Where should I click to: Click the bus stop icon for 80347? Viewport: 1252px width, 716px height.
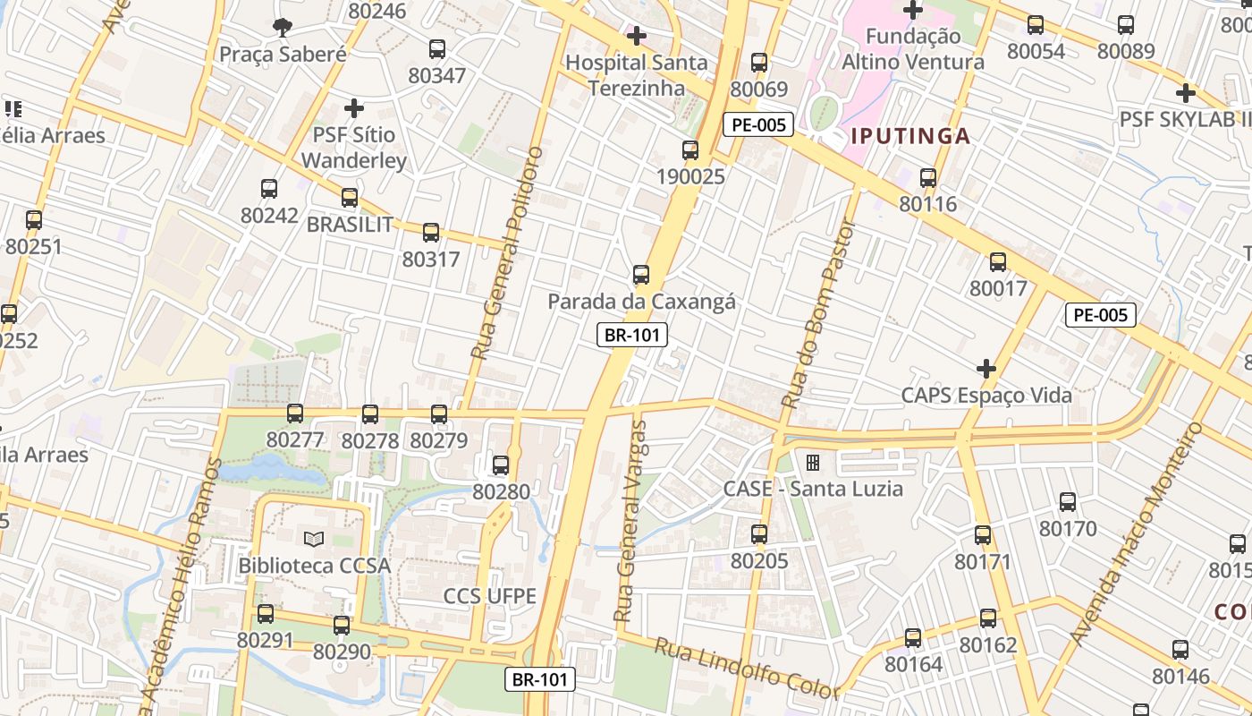[437, 49]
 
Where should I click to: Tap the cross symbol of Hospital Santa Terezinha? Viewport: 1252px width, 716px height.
[636, 36]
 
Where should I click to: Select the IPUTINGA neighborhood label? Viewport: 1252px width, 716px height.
[910, 136]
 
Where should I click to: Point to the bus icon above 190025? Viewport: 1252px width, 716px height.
[690, 150]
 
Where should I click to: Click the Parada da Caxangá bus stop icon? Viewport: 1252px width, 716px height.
[640, 275]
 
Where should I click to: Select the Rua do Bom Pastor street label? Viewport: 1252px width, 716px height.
[817, 313]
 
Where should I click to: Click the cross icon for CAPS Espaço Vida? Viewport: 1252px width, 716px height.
[986, 369]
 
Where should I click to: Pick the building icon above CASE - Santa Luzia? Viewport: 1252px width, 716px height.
[812, 463]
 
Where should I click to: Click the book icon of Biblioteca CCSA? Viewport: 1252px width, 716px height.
[313, 539]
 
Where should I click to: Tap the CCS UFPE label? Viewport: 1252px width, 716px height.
[490, 596]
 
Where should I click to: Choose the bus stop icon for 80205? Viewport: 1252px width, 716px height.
[759, 534]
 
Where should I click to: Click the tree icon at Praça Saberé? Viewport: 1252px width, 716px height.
[283, 27]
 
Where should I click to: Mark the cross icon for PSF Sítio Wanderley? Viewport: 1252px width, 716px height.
[354, 108]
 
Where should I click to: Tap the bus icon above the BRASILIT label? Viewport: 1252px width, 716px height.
[350, 198]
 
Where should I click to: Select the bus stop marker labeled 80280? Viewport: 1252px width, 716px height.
[501, 465]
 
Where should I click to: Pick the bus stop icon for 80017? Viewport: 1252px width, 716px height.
[998, 262]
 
